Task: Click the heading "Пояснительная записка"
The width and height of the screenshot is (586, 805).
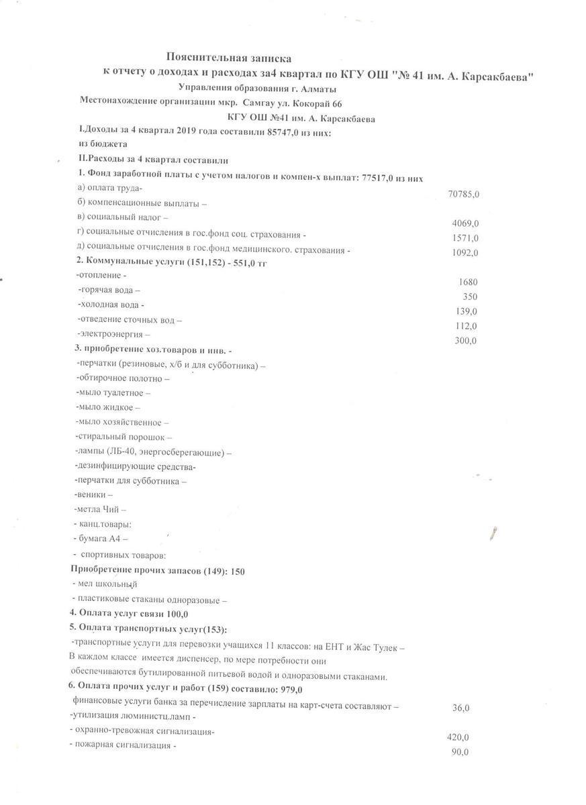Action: click(229, 59)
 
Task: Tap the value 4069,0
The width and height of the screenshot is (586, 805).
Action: click(466, 223)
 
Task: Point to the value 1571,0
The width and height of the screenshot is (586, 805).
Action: click(466, 238)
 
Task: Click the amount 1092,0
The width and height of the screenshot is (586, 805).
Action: click(466, 253)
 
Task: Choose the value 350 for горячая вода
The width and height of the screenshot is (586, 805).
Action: click(470, 297)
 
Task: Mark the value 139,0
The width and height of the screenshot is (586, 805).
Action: click(466, 311)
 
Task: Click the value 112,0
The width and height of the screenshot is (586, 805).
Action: click(466, 326)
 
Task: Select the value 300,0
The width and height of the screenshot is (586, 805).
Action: click(466, 341)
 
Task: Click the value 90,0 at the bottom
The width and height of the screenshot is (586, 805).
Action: click(460, 752)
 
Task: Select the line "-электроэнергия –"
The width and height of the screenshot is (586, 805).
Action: click(113, 333)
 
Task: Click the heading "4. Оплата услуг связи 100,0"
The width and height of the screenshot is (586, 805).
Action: click(129, 613)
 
